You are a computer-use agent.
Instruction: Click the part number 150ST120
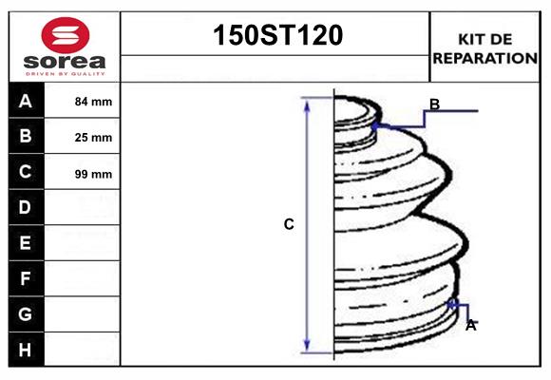point(275,36)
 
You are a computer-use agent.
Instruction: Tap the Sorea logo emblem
point(65,36)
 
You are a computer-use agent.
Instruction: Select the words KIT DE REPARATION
point(484,48)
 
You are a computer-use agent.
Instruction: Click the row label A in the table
point(26,101)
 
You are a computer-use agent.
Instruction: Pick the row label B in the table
point(26,137)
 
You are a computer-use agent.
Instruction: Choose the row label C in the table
point(26,173)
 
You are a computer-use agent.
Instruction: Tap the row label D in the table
point(26,207)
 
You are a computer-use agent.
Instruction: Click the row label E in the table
point(26,243)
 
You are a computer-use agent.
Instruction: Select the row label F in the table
point(26,278)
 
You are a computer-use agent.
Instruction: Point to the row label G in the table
point(26,313)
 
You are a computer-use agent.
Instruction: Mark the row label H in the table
point(26,350)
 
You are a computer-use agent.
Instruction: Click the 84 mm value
point(93,102)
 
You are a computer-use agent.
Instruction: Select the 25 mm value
point(93,138)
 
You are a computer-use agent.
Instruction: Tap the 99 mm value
point(93,174)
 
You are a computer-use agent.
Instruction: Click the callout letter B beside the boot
point(434,104)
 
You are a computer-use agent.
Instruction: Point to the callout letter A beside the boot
point(470,325)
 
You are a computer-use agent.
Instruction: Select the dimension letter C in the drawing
point(289,225)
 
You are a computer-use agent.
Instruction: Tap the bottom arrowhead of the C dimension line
point(307,346)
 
